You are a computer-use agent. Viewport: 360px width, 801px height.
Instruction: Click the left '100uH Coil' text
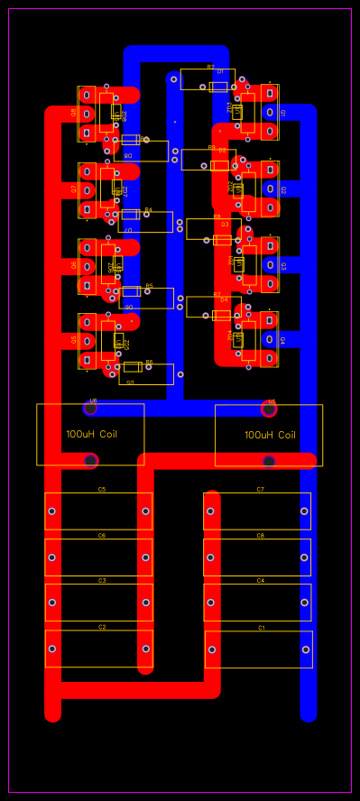click(x=91, y=434)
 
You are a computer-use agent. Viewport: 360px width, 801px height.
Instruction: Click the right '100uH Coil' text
click(x=270, y=435)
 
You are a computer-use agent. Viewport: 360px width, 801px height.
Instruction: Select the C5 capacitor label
click(x=102, y=490)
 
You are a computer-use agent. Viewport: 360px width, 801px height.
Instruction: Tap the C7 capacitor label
click(x=261, y=490)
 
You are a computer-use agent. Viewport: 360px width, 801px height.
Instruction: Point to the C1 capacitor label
click(x=262, y=628)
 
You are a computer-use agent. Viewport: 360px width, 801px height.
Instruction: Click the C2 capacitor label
click(x=102, y=627)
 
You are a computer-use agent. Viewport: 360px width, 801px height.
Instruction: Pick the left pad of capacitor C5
click(x=52, y=511)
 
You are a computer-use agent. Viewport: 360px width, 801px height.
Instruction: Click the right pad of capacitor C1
click(x=306, y=649)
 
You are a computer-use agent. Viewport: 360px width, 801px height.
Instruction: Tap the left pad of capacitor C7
click(x=210, y=511)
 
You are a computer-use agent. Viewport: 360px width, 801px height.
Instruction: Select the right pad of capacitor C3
click(x=145, y=603)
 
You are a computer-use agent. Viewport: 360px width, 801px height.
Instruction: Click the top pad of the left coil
click(x=91, y=408)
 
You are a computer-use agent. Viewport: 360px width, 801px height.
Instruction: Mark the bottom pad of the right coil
click(x=269, y=461)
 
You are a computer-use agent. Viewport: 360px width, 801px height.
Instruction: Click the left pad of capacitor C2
click(x=52, y=649)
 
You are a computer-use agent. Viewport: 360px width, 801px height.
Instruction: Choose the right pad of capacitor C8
click(x=305, y=557)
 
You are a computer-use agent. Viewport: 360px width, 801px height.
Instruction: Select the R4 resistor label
click(x=149, y=210)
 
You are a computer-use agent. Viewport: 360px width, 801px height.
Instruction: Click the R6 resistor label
click(x=149, y=363)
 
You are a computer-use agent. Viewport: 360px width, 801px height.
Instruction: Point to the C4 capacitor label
click(x=261, y=581)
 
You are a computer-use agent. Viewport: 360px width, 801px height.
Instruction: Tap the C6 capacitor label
click(x=102, y=536)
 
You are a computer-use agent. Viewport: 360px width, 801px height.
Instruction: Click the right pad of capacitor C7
click(x=305, y=511)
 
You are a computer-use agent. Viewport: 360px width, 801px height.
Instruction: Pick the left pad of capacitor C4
click(x=210, y=603)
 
